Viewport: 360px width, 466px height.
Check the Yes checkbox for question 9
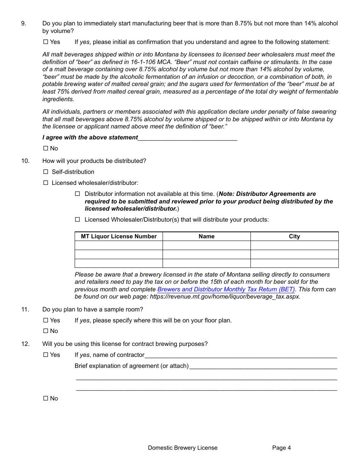point(45,42)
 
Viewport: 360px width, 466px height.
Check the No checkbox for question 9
point(45,149)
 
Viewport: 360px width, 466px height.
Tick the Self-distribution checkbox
point(45,172)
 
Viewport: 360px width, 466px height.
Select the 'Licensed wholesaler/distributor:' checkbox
point(45,183)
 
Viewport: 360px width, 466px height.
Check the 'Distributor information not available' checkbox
point(78,194)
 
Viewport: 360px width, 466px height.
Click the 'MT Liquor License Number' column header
point(119,236)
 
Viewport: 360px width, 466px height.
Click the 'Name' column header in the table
point(207,236)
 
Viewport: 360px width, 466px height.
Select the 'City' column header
point(294,236)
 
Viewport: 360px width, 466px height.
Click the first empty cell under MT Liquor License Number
point(119,246)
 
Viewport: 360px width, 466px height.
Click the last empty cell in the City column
point(294,263)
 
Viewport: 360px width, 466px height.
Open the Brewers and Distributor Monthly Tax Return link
point(226,289)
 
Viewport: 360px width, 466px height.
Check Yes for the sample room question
point(45,321)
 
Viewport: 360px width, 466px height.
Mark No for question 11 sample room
point(45,331)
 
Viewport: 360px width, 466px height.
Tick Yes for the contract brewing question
point(45,355)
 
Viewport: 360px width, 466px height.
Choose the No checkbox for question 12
point(45,399)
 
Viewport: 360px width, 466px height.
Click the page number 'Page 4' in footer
point(282,448)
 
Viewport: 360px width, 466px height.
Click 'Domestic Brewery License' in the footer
point(183,448)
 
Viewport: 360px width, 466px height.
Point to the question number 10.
point(25,161)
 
